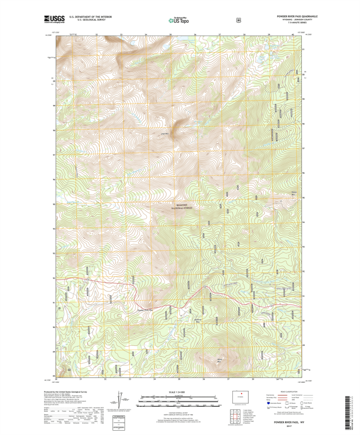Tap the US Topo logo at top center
tap(179, 20)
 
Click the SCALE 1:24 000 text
tap(179, 392)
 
